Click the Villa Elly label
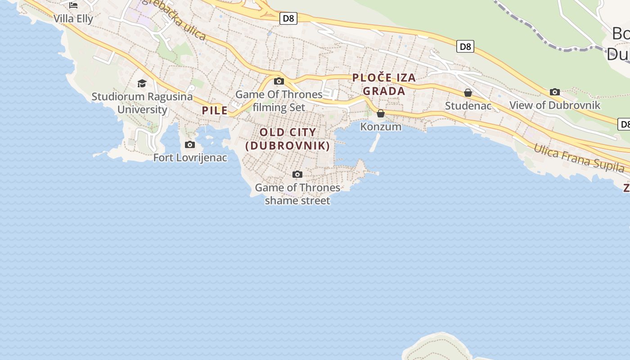coord(73,19)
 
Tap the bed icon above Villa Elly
coord(73,5)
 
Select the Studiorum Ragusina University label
coord(142,103)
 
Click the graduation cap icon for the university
coord(142,83)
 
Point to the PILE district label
coord(215,110)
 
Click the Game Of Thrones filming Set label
coord(279,101)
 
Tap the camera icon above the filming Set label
coord(279,81)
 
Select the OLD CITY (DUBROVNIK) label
coord(288,139)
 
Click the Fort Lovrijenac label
coord(190,157)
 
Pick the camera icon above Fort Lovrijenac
coord(190,144)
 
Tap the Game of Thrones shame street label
coord(297,194)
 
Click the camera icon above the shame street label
coord(297,174)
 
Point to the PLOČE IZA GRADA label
coord(384,84)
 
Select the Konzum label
coord(381,126)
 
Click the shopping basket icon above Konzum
coord(381,113)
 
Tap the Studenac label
coord(468,106)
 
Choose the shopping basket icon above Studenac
coord(468,93)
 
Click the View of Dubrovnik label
coord(555,105)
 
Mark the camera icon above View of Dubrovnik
coord(555,92)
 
